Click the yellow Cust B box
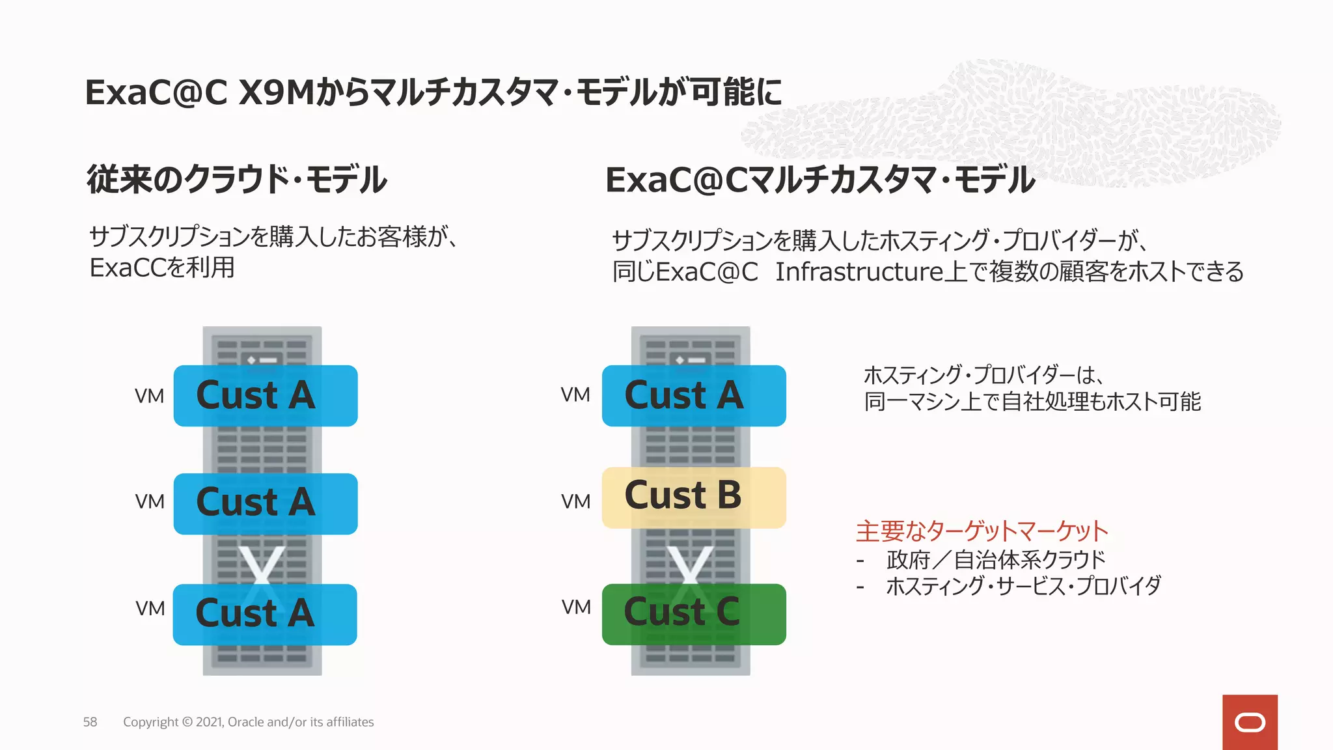pos(694,497)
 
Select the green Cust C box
pos(694,614)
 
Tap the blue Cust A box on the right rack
pos(694,396)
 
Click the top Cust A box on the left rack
pos(266,396)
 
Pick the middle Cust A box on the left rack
pos(266,503)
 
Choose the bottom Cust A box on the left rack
pos(265,614)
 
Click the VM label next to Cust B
pos(575,501)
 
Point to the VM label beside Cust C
pos(576,607)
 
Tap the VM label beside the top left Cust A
pos(149,396)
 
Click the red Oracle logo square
pos(1250,722)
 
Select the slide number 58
pos(90,722)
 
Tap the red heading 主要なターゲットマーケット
pos(982,531)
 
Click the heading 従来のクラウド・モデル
pos(237,180)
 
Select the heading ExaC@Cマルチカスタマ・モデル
pos(820,180)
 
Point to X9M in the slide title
pos(277,92)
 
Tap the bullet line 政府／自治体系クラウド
pos(996,560)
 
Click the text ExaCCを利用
pos(161,268)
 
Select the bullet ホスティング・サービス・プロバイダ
pos(1023,587)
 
